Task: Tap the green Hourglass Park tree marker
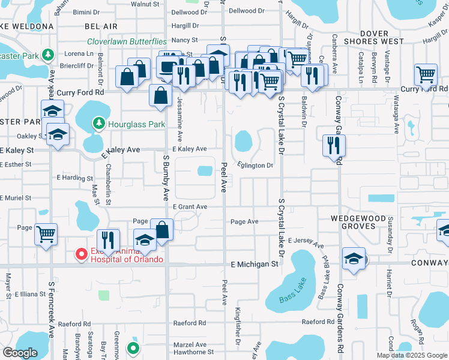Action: (99, 124)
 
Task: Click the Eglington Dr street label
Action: (255, 166)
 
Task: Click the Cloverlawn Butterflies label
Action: (127, 41)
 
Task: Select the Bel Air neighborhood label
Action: (100, 27)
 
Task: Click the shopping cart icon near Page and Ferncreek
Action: (46, 233)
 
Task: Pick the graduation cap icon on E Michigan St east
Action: (354, 259)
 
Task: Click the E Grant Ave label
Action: (190, 207)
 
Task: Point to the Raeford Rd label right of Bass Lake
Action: (318, 322)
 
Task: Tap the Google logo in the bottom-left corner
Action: (20, 353)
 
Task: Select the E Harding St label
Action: (75, 178)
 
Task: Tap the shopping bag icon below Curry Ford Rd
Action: (161, 95)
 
